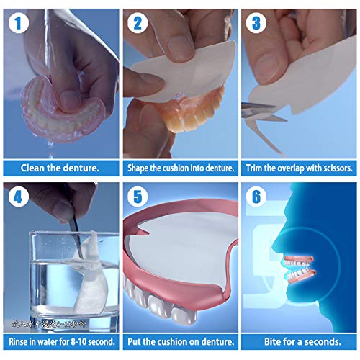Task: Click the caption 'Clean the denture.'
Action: (x=60, y=168)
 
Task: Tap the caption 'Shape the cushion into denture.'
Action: (x=180, y=168)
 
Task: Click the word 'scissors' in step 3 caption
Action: (x=337, y=168)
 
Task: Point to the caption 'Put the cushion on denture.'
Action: (x=180, y=341)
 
